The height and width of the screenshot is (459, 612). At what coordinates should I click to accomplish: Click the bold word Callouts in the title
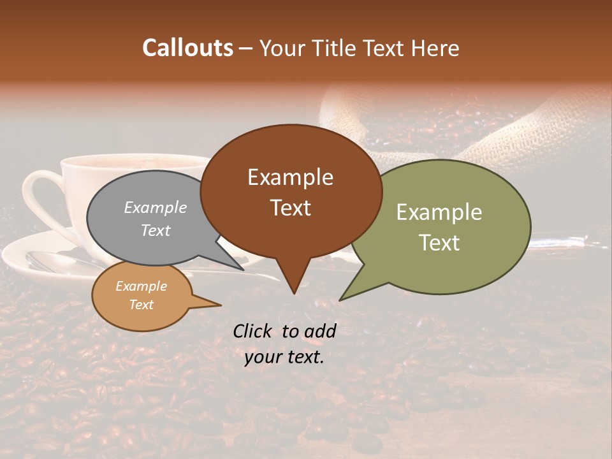187,48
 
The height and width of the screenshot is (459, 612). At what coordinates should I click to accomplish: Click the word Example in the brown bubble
290,177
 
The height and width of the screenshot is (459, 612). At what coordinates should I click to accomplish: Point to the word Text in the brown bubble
290,208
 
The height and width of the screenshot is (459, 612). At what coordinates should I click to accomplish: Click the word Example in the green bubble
439,212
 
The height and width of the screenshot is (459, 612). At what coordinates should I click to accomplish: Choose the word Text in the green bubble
439,243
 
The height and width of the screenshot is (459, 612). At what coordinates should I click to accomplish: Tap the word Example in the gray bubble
156,207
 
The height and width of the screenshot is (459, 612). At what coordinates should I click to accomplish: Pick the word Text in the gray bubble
155,230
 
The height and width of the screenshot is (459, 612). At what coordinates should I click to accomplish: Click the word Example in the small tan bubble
141,286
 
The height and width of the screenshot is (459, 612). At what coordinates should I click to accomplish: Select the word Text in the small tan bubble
141,305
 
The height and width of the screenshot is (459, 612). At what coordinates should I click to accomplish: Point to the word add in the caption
321,331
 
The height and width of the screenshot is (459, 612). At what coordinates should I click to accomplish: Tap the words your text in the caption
284,357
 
